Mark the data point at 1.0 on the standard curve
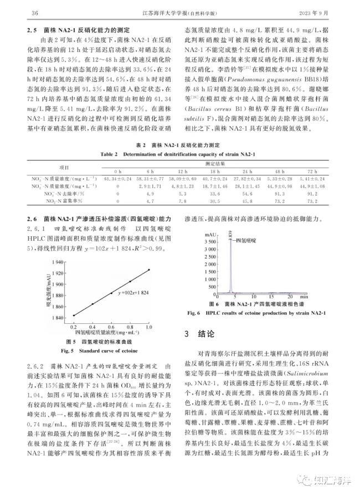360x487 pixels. (x=149, y=270)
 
